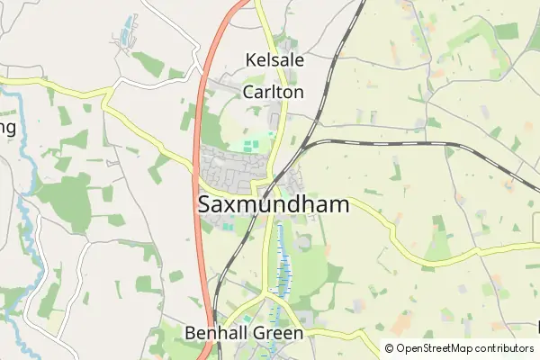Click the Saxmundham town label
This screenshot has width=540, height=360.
[273, 205]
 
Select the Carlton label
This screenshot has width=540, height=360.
[273, 92]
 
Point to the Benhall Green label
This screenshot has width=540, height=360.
[244, 333]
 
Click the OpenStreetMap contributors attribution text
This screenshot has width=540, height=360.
[458, 348]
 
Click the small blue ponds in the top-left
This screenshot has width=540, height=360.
[124, 33]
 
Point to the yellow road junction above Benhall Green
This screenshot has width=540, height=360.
[268, 294]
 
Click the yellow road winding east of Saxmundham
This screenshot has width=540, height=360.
[396, 236]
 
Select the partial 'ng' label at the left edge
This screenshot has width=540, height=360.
[7, 127]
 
